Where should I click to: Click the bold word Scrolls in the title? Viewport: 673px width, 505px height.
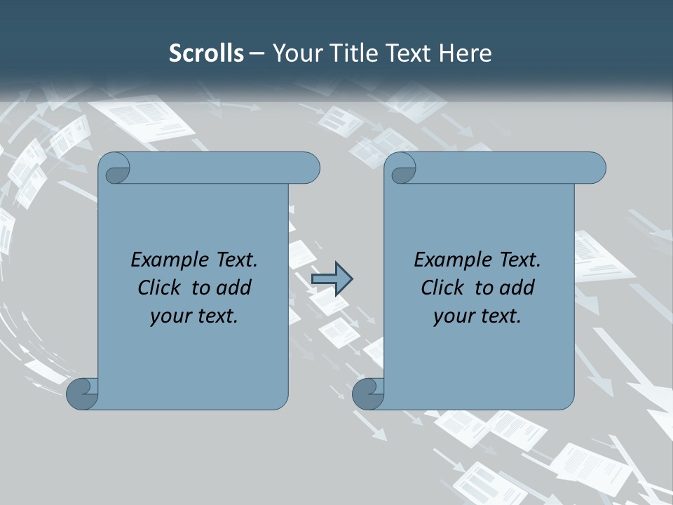pyautogui.click(x=206, y=53)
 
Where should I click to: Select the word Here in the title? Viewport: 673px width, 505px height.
pyautogui.click(x=465, y=53)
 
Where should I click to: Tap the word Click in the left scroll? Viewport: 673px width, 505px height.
pyautogui.click(x=161, y=288)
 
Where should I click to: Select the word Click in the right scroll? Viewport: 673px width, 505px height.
pyautogui.click(x=443, y=288)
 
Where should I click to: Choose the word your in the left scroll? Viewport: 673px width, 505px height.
pyautogui.click(x=171, y=316)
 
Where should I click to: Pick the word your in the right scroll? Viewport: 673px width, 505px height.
pyautogui.click(x=454, y=316)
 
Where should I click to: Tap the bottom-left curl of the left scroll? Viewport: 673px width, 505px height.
pyautogui.click(x=81, y=394)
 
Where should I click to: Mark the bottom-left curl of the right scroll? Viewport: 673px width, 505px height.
pyautogui.click(x=368, y=394)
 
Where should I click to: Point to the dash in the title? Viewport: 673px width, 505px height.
pyautogui.click(x=257, y=53)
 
